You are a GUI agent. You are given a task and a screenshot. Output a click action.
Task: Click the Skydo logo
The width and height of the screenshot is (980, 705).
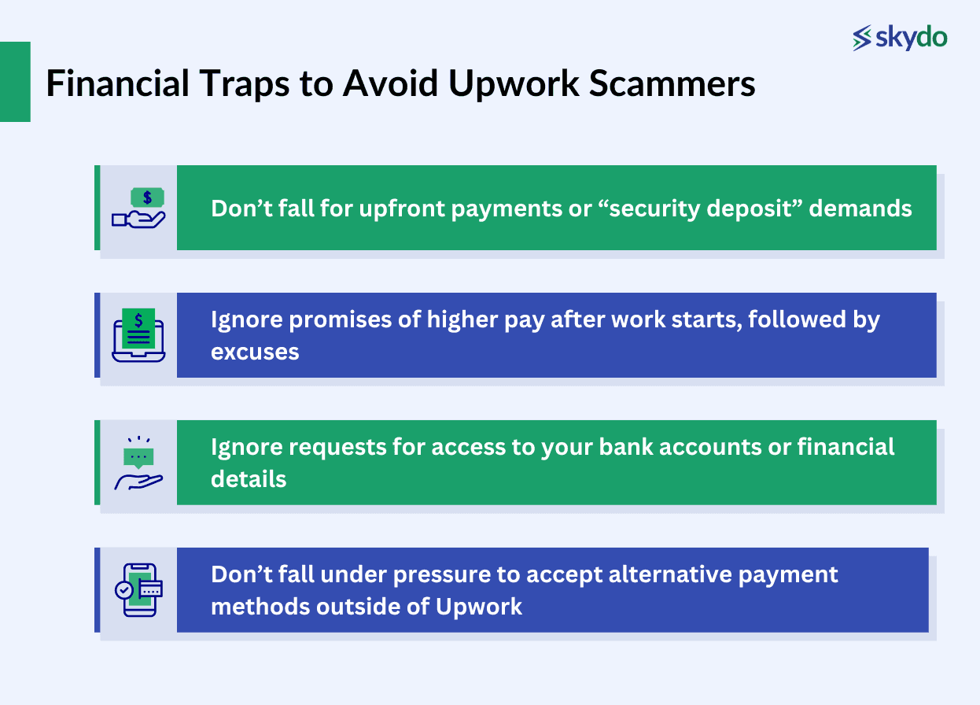pyautogui.click(x=900, y=37)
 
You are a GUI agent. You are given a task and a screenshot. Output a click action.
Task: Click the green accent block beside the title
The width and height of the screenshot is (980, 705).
pyautogui.click(x=15, y=82)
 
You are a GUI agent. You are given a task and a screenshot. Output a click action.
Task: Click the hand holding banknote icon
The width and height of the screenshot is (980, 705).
pyautogui.click(x=138, y=209)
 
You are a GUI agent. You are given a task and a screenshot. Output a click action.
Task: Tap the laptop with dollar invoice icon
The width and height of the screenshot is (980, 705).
pyautogui.click(x=138, y=335)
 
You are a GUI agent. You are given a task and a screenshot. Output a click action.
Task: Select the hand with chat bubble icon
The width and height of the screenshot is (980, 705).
pyautogui.click(x=138, y=463)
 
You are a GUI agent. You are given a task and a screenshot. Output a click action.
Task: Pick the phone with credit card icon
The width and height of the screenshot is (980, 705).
pyautogui.click(x=138, y=590)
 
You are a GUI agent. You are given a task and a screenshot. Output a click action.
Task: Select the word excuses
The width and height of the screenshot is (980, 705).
pyautogui.click(x=255, y=351)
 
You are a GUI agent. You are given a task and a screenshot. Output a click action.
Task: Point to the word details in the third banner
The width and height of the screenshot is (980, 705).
pyautogui.click(x=248, y=478)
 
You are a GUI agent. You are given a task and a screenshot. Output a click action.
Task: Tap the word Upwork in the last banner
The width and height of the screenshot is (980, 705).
pyautogui.click(x=480, y=607)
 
